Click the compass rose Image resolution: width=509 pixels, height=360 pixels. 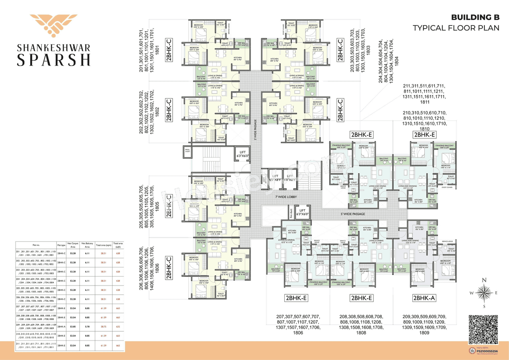(x=484, y=293)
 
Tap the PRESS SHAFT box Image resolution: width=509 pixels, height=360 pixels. (x=187, y=151)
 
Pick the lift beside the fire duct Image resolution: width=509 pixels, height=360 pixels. (x=303, y=212)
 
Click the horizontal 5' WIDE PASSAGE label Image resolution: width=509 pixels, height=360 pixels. (x=353, y=214)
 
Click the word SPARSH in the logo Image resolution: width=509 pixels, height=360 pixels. (x=54, y=59)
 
